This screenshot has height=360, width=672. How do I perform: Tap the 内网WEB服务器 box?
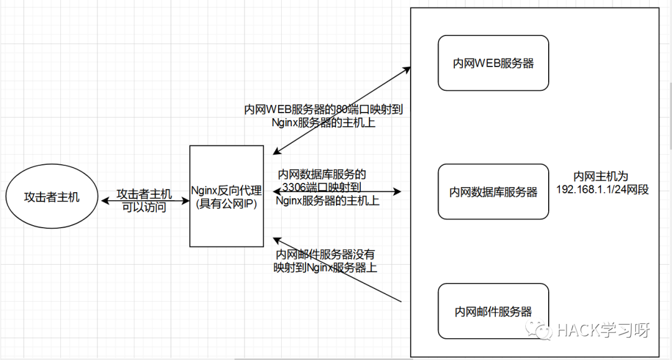pyautogui.click(x=493, y=63)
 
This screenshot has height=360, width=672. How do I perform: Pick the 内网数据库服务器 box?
pyautogui.click(x=493, y=192)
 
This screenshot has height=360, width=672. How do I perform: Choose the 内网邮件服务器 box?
pyautogui.click(x=493, y=311)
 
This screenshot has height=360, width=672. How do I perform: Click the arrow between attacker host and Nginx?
pyautogui.click(x=144, y=200)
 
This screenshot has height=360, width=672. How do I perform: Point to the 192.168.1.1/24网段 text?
pyautogui.click(x=602, y=190)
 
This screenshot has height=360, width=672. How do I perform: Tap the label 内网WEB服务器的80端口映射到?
pyautogui.click(x=324, y=110)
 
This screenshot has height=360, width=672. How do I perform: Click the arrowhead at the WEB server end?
pyautogui.click(x=408, y=69)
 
